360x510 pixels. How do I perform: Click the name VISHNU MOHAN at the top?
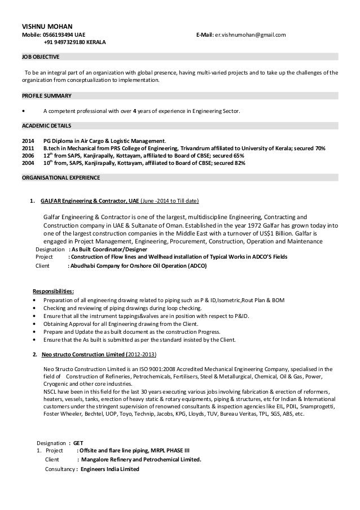[x=43, y=26]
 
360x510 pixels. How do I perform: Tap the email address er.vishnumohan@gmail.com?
[x=249, y=35]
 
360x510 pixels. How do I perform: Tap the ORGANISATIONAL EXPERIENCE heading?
[x=60, y=177]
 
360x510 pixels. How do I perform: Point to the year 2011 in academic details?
[x=28, y=147]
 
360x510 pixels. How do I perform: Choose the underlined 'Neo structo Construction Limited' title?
[x=85, y=354]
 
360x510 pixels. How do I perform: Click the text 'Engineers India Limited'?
[x=110, y=469]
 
